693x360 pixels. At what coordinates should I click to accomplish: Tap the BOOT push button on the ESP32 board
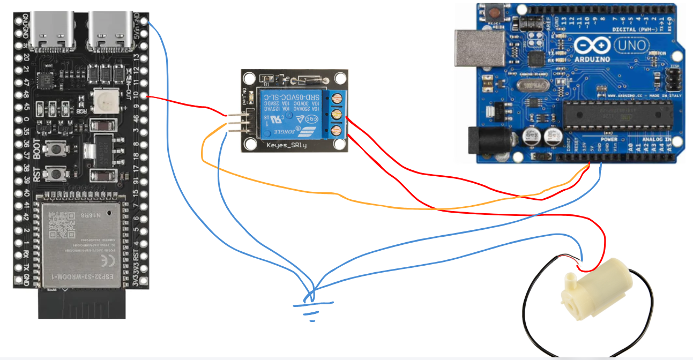pos(54,148)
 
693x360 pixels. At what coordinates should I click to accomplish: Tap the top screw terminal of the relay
pos(337,99)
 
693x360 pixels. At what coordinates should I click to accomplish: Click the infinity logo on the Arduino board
pos(592,47)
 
